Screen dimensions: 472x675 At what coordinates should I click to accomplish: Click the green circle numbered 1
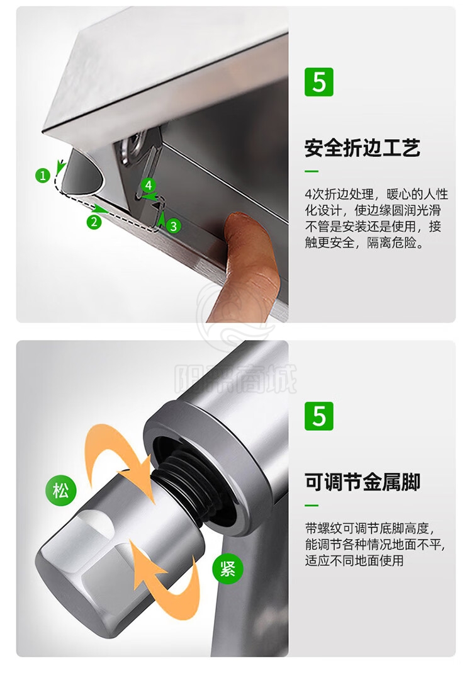pos(43,175)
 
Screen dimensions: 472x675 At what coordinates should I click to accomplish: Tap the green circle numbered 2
pos(94,222)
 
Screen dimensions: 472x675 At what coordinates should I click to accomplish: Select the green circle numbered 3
pos(174,226)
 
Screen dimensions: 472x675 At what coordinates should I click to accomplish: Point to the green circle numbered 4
pos(149,185)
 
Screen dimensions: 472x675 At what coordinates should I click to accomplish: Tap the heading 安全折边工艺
pos(362,148)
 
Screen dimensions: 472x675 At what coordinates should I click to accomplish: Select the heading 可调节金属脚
pos(362,482)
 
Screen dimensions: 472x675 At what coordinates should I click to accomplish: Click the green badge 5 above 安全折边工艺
pos(319,82)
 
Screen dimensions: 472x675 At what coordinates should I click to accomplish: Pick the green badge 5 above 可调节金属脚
pos(319,416)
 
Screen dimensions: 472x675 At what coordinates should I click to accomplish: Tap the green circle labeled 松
pos(60,491)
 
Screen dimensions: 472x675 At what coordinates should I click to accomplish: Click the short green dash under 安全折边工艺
pos(312,171)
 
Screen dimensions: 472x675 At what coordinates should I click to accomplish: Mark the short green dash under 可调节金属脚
pos(312,506)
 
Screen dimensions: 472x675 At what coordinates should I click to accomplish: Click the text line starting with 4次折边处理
pos(376,194)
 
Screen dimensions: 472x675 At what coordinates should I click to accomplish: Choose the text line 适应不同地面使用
pos(354,560)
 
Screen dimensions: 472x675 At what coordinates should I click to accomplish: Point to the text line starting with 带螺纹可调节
pos(370,528)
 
